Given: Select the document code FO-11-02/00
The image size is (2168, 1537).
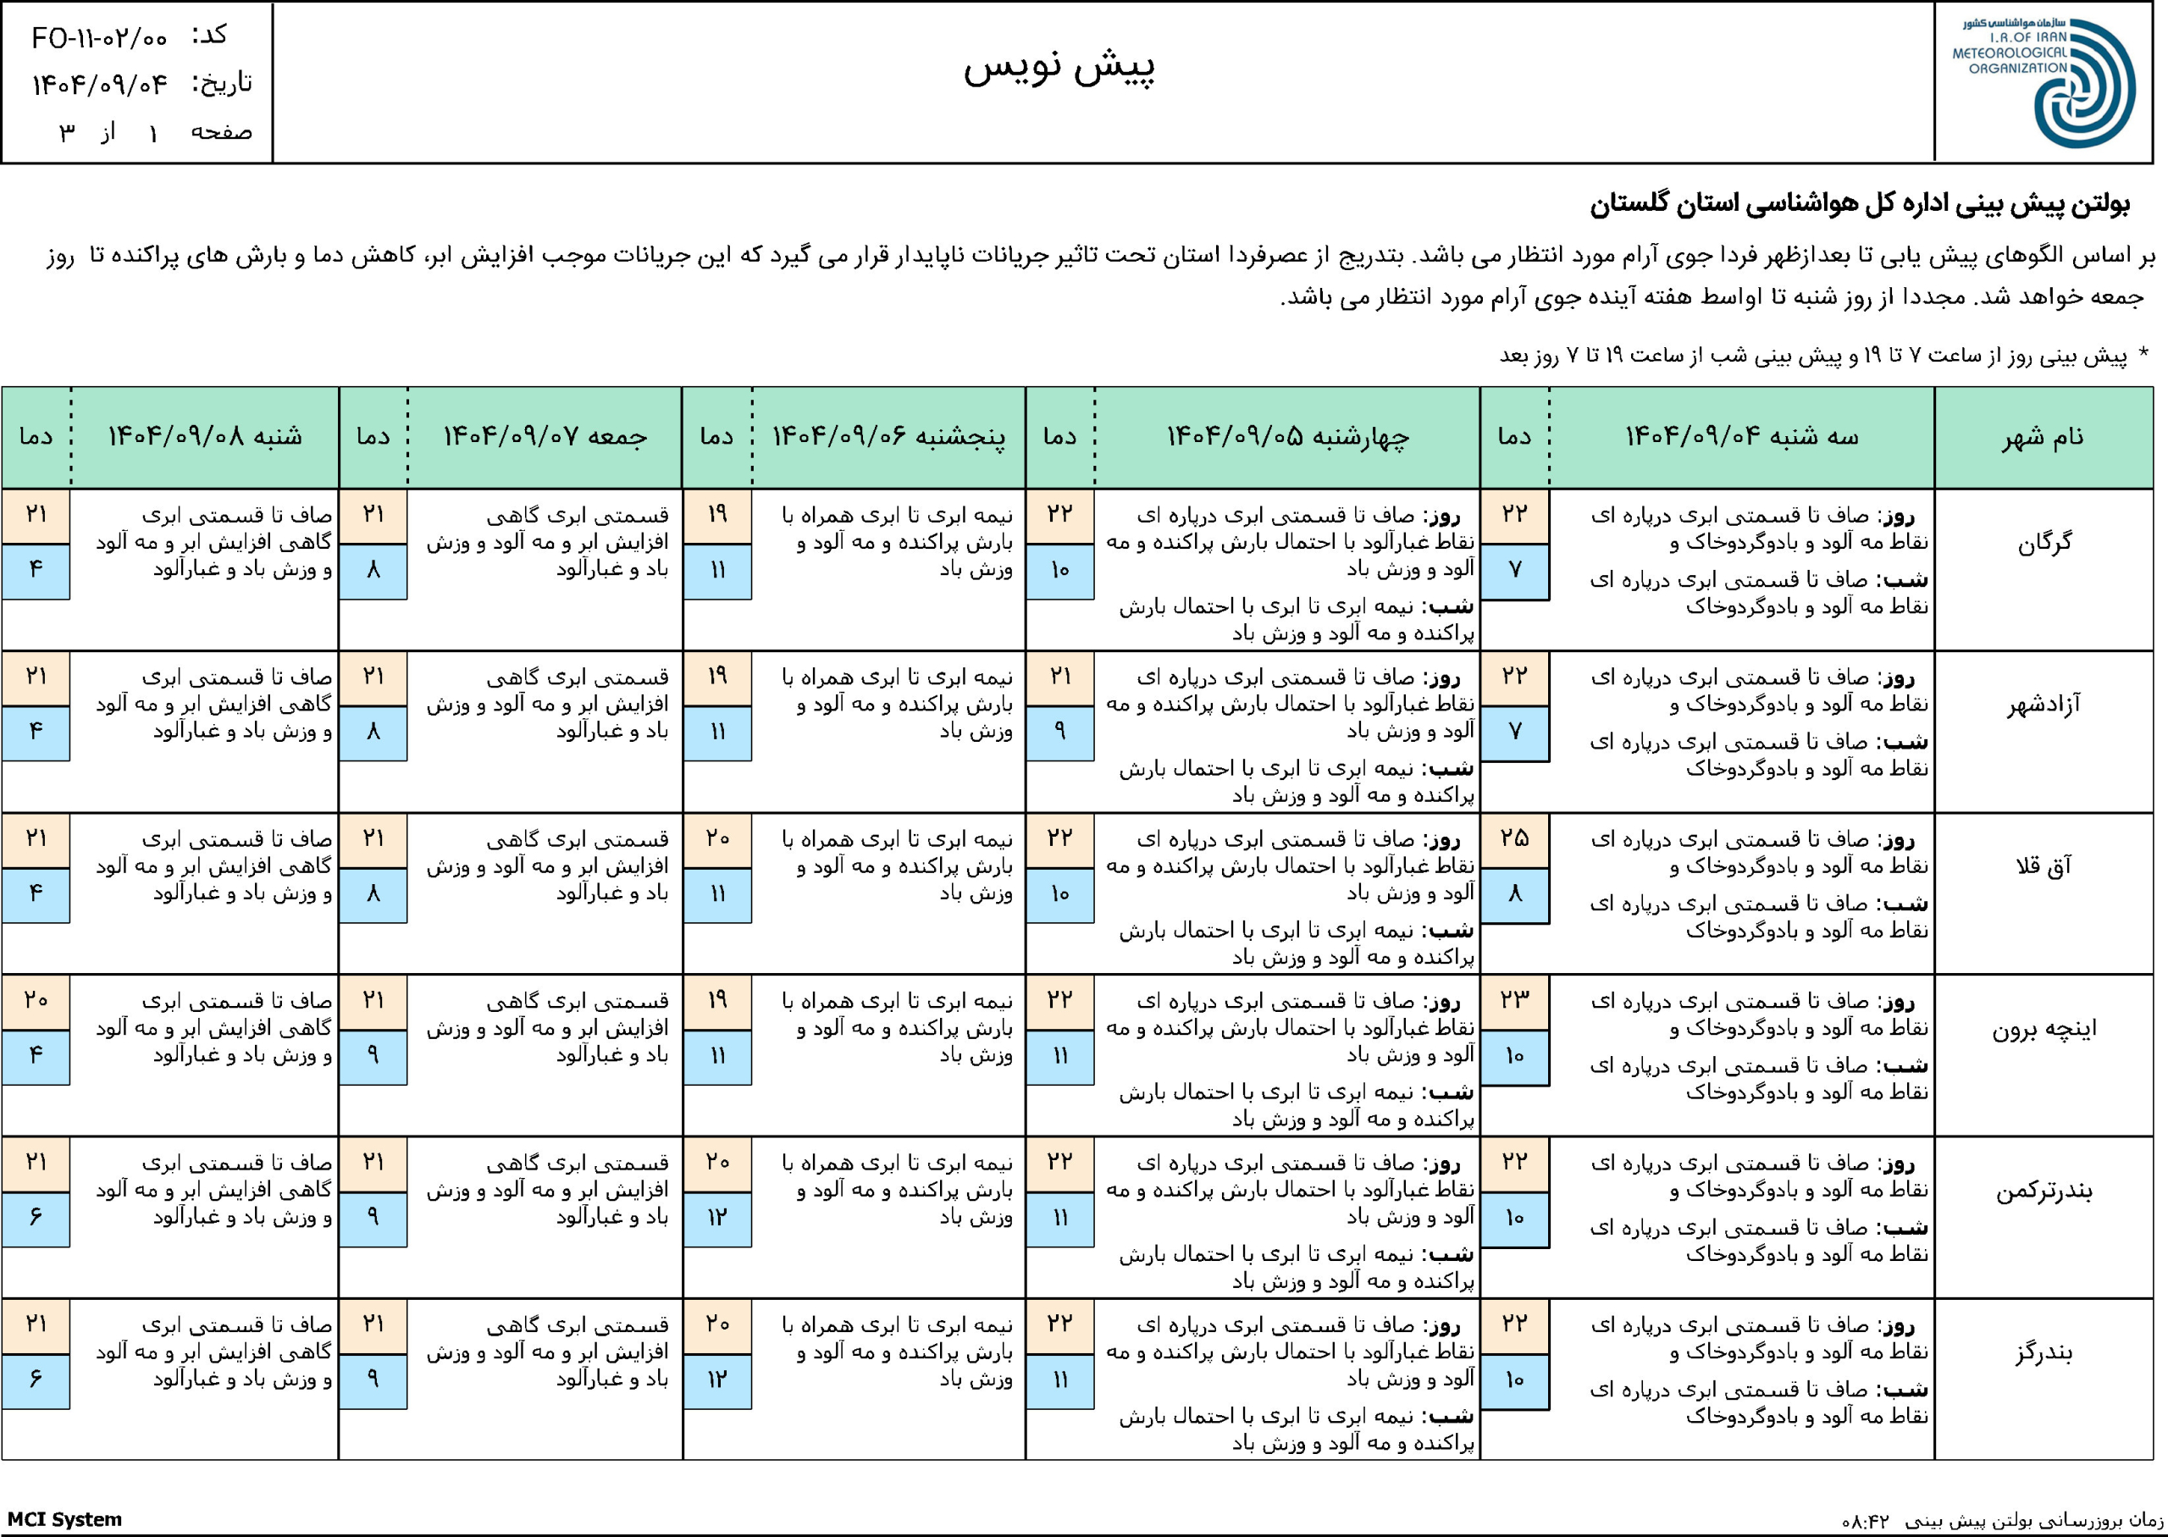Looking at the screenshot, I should coord(99,38).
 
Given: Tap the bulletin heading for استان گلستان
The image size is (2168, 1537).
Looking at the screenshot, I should coord(1860,204).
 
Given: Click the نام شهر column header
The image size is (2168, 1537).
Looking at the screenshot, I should coord(2044,436).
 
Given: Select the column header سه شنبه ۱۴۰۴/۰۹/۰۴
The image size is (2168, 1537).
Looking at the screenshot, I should coord(1741,436).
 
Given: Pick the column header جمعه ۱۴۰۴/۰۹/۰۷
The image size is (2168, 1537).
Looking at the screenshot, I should coord(545,436).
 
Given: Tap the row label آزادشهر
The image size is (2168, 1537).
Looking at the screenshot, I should coord(2044,705).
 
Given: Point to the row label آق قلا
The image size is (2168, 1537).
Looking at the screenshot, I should coord(2044,867).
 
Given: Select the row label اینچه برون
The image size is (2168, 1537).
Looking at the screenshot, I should coord(2044,1029).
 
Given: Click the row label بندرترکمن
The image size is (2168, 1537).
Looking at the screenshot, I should coord(2044,1191).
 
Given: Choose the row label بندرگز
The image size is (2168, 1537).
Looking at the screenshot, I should coord(2044,1352).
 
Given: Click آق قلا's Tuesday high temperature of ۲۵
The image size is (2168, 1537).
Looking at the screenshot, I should coord(1514,838).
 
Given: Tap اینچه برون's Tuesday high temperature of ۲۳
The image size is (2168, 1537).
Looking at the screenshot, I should coord(1514,1000).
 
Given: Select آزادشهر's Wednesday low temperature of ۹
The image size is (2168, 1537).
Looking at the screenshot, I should coord(1060,732).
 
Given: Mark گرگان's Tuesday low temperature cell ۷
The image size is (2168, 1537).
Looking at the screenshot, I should coord(1514,570).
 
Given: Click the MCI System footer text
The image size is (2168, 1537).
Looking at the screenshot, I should coord(65,1519).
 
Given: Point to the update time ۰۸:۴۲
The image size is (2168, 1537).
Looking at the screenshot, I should coord(1864,1521).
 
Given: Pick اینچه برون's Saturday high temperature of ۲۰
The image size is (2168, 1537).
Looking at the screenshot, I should coord(36,1000).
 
